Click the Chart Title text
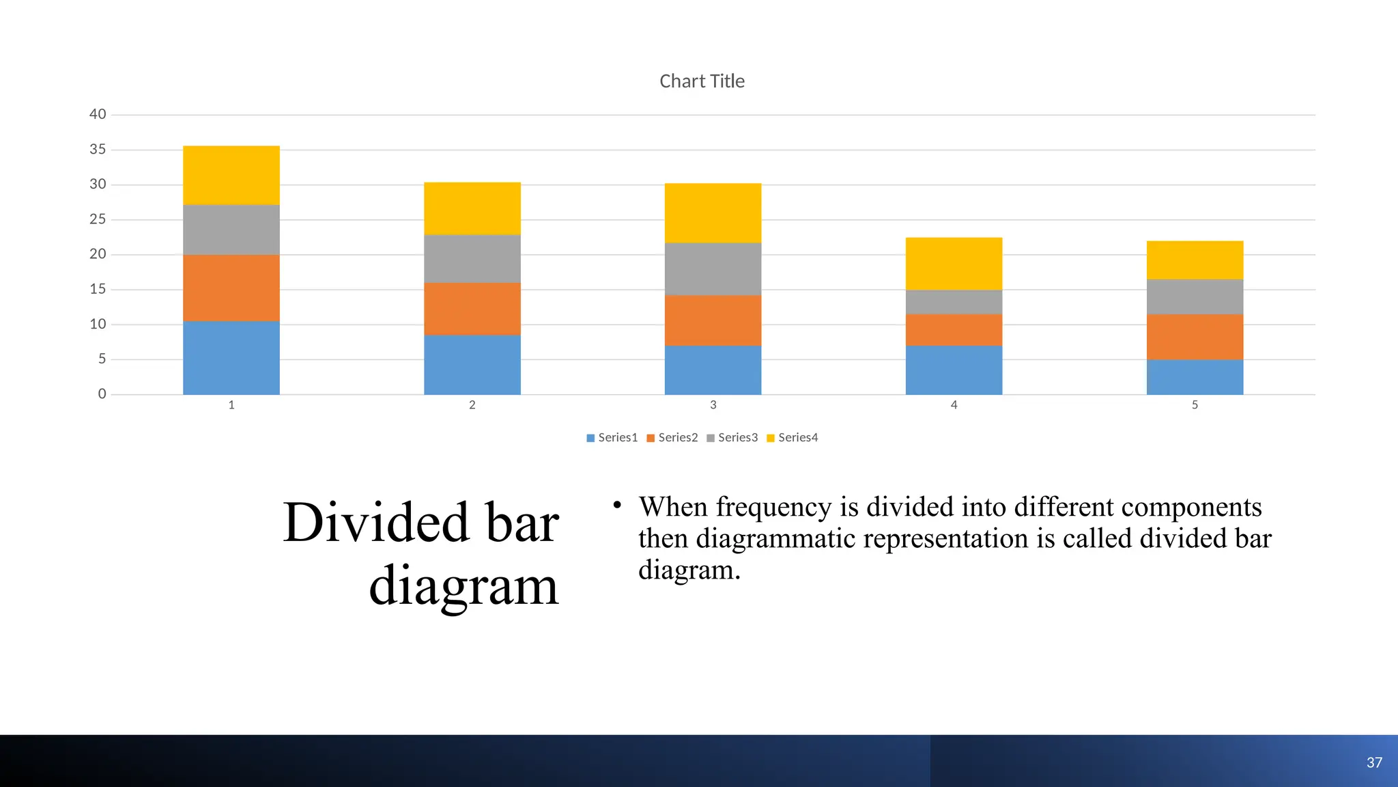point(702,81)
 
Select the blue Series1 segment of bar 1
point(231,357)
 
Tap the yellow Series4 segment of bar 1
point(231,175)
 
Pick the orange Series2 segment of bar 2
point(472,308)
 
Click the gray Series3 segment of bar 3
point(713,268)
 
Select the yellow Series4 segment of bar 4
point(954,263)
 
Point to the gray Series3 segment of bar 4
point(954,302)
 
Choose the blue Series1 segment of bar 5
point(1195,376)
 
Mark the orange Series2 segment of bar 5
point(1195,336)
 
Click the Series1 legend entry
point(612,438)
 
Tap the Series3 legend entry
point(732,438)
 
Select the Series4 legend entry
point(793,438)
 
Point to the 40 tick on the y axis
point(98,114)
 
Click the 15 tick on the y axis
point(98,289)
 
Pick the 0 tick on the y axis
point(102,393)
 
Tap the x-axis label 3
point(713,405)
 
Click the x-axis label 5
point(1195,405)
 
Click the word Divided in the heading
point(375,523)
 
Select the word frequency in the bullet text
point(773,508)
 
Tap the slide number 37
point(1374,762)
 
